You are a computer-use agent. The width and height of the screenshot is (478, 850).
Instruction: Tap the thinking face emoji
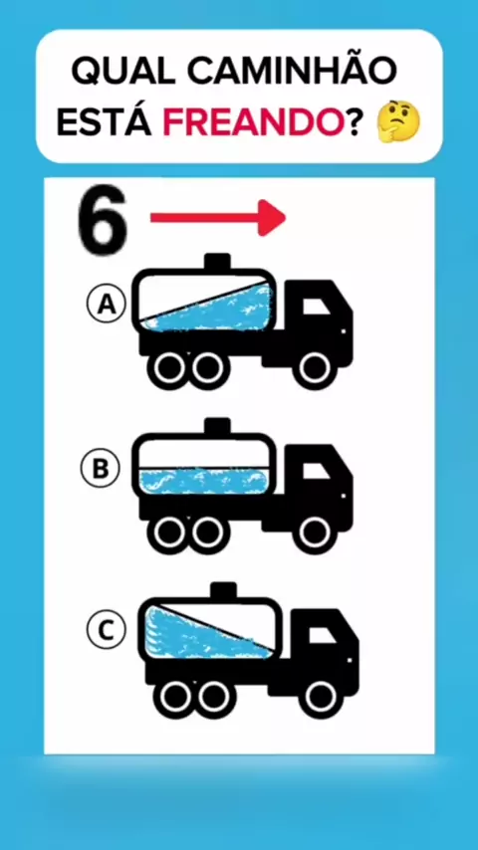[x=398, y=123]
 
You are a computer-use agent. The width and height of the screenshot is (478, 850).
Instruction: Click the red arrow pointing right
[x=218, y=217]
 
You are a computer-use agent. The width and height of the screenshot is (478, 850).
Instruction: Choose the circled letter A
[x=107, y=306]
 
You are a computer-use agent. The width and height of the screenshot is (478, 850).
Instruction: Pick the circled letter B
[x=100, y=469]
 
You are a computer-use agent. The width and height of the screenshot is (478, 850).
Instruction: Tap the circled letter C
[x=107, y=630]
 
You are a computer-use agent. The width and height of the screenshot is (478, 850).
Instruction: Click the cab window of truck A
[x=314, y=308]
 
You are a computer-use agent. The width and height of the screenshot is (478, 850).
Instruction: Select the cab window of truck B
[x=314, y=472]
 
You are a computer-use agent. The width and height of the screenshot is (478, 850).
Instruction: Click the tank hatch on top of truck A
[x=217, y=262]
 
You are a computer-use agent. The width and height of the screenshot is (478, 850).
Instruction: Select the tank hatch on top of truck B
[x=217, y=427]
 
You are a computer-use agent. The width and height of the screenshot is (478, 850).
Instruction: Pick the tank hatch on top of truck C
[x=223, y=591]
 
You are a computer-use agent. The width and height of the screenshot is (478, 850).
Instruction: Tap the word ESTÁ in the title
[x=105, y=122]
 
